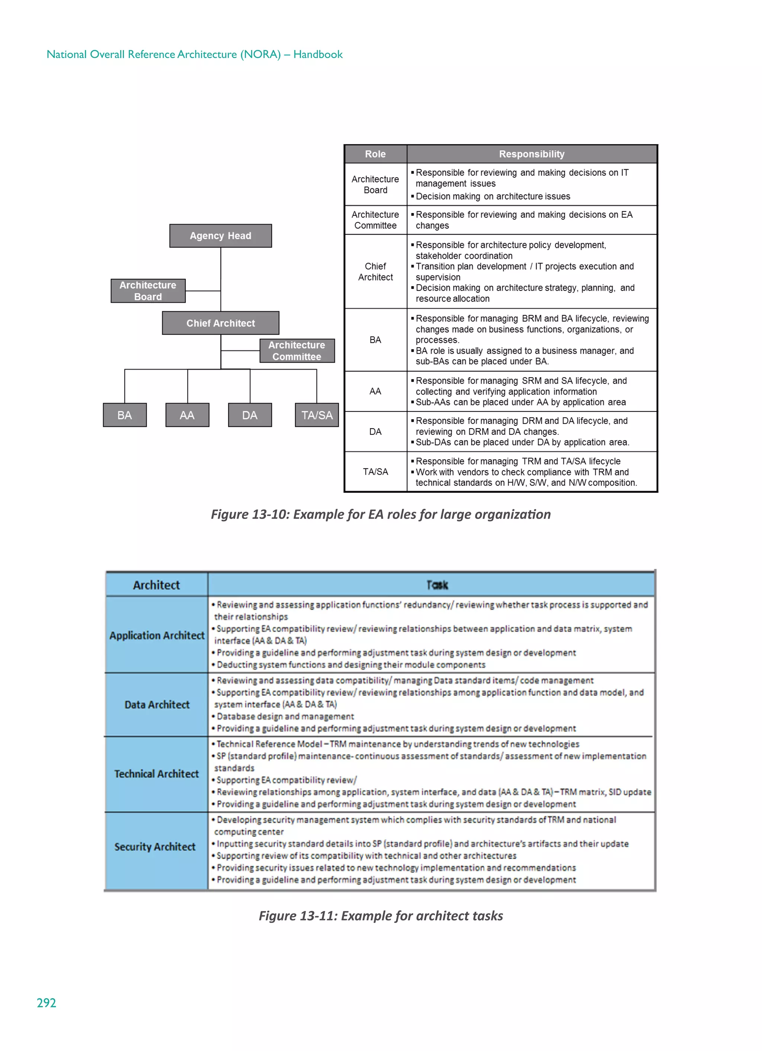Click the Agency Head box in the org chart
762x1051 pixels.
click(x=221, y=236)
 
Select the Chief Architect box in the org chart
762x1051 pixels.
click(x=221, y=323)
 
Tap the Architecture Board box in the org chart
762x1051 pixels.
click(x=148, y=291)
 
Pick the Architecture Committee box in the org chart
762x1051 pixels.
click(x=297, y=351)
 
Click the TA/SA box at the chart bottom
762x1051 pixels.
click(x=317, y=415)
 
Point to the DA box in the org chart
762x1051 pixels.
click(x=250, y=415)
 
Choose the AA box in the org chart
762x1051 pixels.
click(x=187, y=415)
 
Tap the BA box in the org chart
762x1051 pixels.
click(x=125, y=415)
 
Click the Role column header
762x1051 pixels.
click(x=375, y=154)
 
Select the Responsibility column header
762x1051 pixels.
click(x=531, y=154)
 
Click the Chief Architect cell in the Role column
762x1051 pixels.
click(x=375, y=271)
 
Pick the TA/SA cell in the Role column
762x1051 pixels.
click(x=375, y=472)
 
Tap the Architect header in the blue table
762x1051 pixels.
click(x=157, y=585)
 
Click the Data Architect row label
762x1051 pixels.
click(x=157, y=704)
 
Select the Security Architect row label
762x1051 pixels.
click(x=155, y=847)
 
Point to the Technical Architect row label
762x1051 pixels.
click(x=157, y=774)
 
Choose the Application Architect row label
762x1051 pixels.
click(x=157, y=635)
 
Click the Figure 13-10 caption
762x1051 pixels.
click(x=380, y=515)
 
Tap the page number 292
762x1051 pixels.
click(x=46, y=1003)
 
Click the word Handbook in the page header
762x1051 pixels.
click(x=318, y=54)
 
